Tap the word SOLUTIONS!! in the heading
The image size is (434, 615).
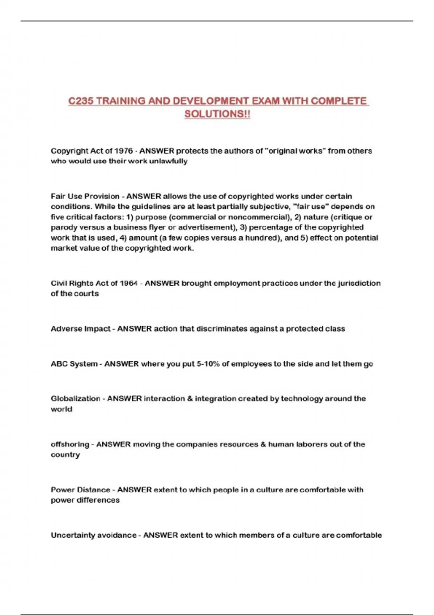(217, 114)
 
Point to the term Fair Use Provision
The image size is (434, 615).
(85, 196)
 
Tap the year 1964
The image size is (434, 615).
(128, 283)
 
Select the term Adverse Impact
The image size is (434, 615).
(80, 329)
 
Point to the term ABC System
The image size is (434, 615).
(74, 364)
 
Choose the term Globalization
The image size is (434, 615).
(75, 399)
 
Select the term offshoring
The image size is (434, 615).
(70, 444)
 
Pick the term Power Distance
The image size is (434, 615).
(80, 490)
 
